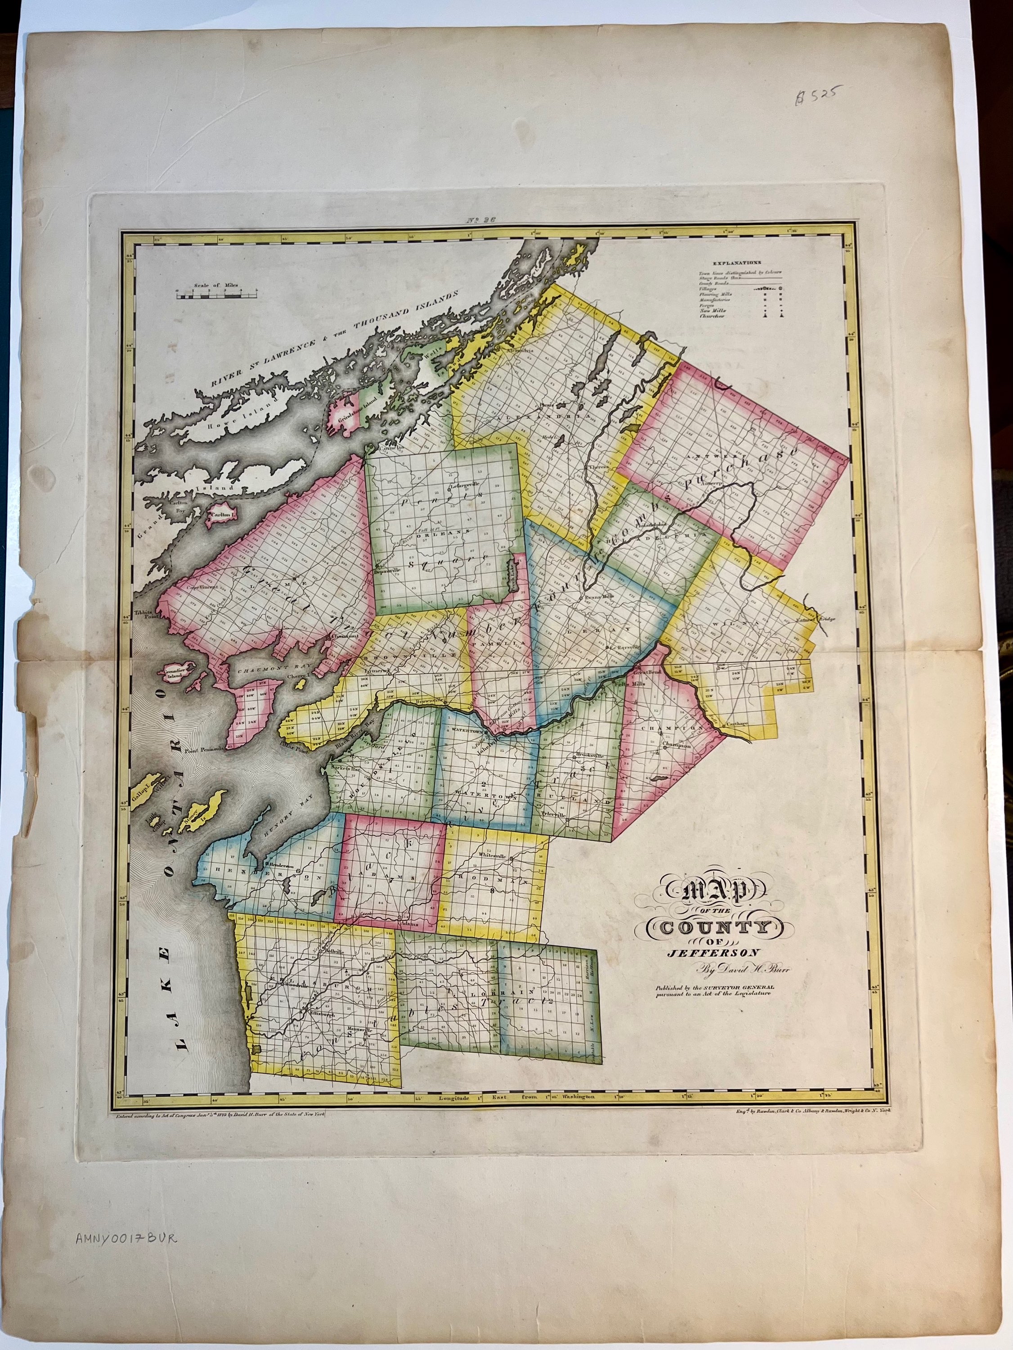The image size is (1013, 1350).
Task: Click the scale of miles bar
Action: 217,296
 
